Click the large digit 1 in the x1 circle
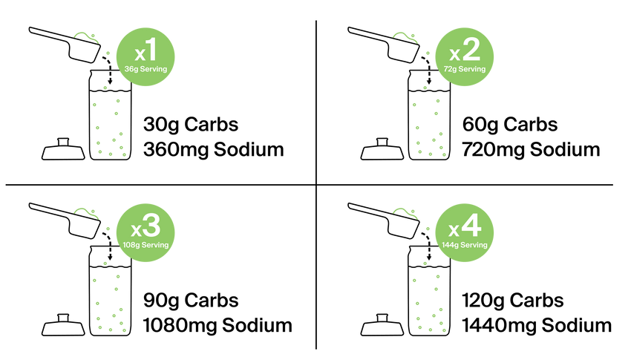tap(151, 52)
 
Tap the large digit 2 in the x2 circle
tap(471, 51)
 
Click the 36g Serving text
tap(146, 69)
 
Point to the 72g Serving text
tap(465, 69)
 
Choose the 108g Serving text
tap(146, 245)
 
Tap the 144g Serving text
tap(465, 245)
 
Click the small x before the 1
tap(139, 55)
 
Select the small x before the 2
tap(455, 55)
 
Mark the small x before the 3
tap(137, 231)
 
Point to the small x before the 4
tap(454, 231)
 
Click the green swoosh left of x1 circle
tap(86, 35)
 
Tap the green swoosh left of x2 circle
tap(405, 35)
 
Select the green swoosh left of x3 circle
tap(86, 212)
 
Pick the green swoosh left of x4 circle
tap(405, 212)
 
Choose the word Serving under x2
tap(472, 69)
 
